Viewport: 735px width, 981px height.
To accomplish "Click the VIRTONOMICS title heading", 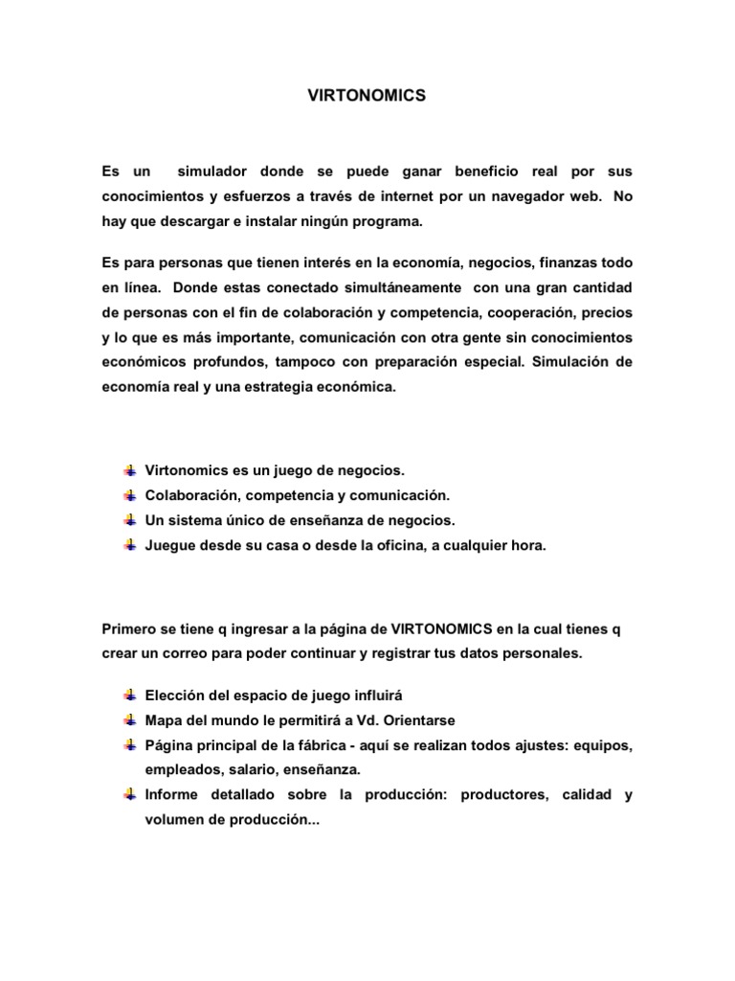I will (366, 97).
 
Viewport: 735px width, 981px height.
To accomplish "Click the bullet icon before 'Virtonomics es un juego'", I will (129, 470).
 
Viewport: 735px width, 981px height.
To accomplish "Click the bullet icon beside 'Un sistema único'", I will (129, 520).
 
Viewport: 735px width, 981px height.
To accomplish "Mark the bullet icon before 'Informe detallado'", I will (129, 795).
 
